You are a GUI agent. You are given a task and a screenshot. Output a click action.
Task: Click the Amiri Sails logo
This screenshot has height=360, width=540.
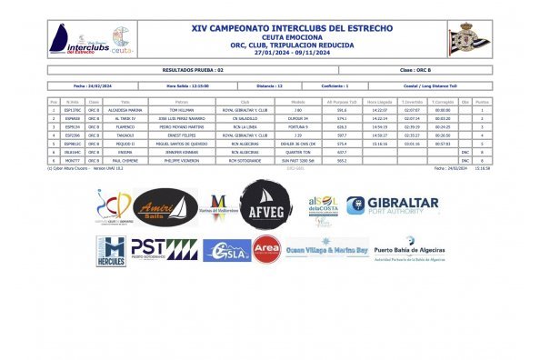pos(165,208)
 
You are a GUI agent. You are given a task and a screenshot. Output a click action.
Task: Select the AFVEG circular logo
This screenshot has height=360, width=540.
pos(265,205)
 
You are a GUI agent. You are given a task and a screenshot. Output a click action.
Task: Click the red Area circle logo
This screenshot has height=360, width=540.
pos(265,249)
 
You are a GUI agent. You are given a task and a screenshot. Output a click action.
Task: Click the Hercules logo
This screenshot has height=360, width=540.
pos(111,251)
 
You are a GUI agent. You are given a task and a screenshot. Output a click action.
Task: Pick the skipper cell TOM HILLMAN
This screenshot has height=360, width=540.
pos(182,110)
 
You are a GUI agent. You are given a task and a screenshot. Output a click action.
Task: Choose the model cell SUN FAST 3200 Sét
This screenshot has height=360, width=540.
pos(296,160)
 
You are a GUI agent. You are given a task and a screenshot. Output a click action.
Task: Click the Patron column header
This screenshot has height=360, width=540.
pos(182,102)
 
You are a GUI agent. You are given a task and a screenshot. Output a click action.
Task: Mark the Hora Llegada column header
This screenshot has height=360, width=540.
pos(380,102)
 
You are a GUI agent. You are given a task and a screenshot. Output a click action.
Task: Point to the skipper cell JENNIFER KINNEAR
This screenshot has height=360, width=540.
pos(182,152)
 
